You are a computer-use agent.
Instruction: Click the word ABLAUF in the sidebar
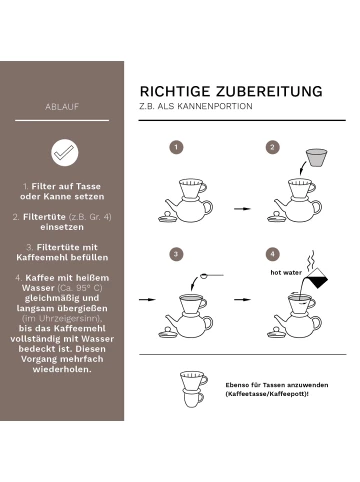coord(62,105)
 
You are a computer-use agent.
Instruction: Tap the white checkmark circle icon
coord(62,152)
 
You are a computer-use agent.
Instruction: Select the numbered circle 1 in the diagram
coord(177,147)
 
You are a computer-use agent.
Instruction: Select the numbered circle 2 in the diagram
coord(272,147)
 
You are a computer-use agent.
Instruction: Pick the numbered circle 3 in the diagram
coord(177,254)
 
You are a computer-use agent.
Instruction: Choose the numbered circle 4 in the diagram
coord(272,254)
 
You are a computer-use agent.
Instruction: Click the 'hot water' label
coord(285,271)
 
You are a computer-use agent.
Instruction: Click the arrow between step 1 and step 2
coord(240,209)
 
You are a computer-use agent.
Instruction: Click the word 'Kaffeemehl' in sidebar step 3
coord(62,256)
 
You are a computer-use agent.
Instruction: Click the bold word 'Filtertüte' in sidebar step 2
coord(42,215)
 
